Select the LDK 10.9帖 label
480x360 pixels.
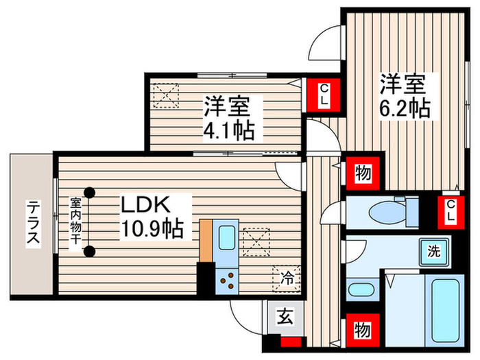coord(152,217)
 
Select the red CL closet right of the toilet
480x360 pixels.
coord(450,211)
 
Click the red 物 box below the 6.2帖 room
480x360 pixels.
coord(362,173)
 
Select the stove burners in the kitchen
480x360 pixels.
coord(227,279)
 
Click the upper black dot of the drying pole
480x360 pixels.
coord(89,193)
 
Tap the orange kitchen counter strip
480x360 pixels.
coord(204,240)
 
